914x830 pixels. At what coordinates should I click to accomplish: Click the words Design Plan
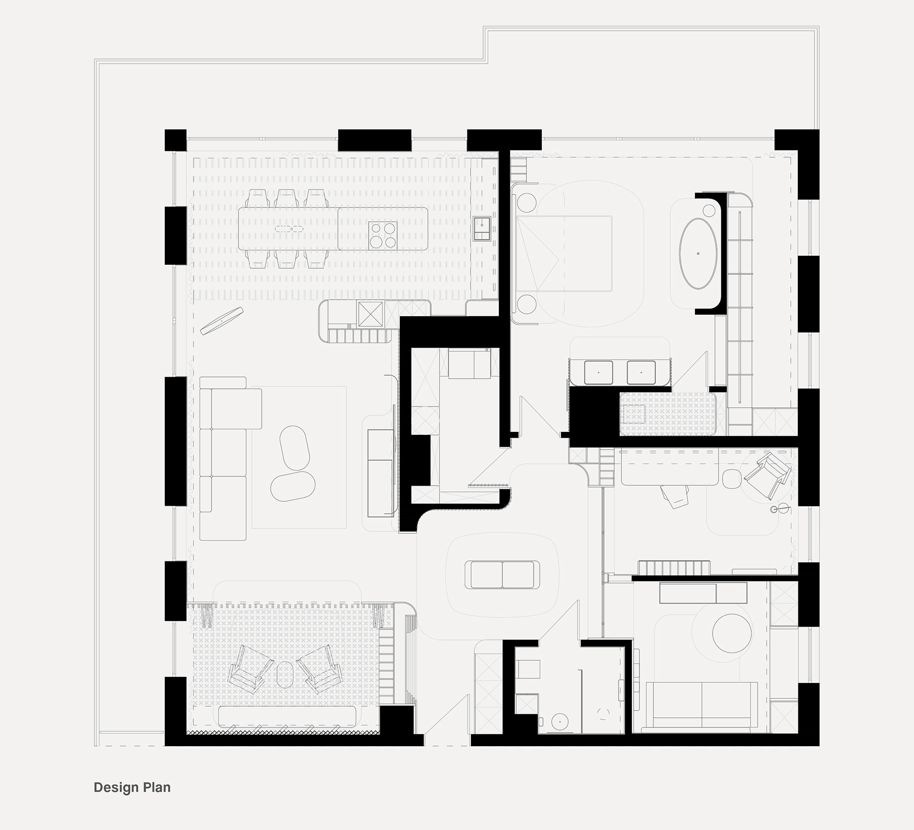132,787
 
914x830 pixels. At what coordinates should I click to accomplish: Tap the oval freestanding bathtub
698,253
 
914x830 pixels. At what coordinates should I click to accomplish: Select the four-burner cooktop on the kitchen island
383,235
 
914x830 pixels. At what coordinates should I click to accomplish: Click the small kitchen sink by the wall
482,228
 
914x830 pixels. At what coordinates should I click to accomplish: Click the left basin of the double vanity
598,372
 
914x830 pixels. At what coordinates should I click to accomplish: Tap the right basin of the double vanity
641,372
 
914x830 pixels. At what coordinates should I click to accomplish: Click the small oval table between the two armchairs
285,674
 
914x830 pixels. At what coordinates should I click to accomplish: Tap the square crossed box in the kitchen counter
370,313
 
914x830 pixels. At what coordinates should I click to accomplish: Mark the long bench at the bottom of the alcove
287,715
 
